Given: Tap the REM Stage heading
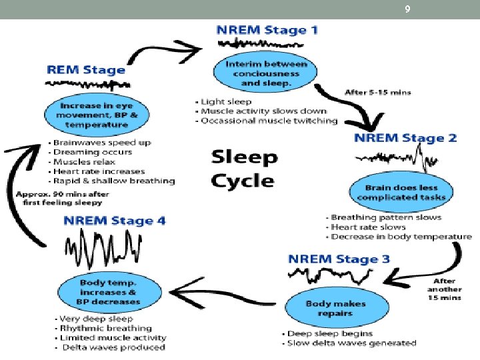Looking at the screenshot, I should click(86, 69).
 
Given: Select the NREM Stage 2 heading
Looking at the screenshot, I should click(405, 138).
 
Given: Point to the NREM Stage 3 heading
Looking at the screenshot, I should click(339, 259).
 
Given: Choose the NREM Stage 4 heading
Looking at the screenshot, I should click(114, 221).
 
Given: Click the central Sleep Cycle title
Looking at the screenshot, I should click(243, 169).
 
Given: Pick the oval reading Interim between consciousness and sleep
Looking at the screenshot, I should click(265, 73).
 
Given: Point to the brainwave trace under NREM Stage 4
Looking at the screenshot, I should click(104, 250).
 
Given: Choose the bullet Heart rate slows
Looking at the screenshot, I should click(371, 227).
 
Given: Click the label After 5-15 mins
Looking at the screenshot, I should click(377, 92).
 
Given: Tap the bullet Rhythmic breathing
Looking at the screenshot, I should click(105, 328).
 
